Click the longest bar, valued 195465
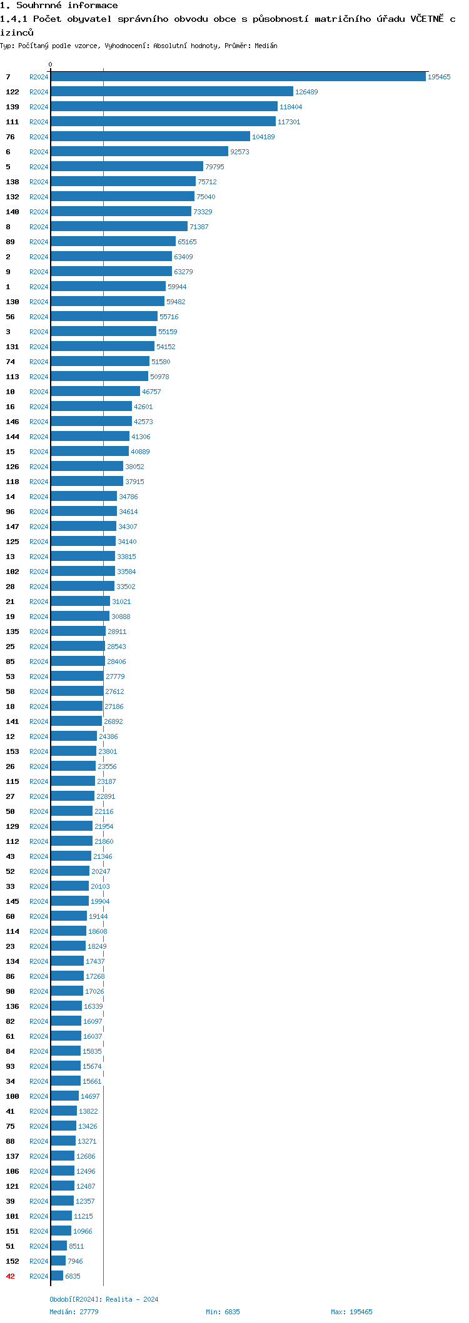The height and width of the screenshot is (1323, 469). [238, 77]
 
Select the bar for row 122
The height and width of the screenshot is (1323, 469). [172, 92]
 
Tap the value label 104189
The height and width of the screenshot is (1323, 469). [263, 137]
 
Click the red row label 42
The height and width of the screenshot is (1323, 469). [10, 1276]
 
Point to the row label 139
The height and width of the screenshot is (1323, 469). [13, 107]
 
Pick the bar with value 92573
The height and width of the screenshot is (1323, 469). [139, 152]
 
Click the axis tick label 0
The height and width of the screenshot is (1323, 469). [51, 64]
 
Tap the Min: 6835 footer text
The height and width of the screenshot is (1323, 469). [223, 1312]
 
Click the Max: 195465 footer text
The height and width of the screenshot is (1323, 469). [351, 1312]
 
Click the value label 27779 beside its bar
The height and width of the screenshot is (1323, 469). [115, 676]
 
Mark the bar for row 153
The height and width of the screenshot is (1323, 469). [74, 751]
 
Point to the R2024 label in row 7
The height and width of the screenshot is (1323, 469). [39, 77]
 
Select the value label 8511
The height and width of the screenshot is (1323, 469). [76, 1246]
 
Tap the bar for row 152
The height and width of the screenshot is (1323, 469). [58, 1261]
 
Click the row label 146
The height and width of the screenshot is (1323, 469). [13, 422]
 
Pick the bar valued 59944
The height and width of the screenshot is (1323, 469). [108, 287]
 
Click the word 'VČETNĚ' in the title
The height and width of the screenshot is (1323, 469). [426, 19]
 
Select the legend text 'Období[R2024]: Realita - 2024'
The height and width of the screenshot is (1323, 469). [104, 1299]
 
